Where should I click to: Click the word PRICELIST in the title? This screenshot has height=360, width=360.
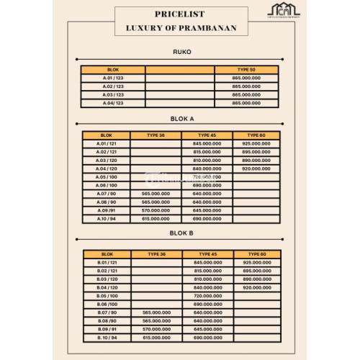click(180, 13)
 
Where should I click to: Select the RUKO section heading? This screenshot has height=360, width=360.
click(181, 53)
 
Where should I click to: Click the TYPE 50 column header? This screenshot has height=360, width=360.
click(247, 69)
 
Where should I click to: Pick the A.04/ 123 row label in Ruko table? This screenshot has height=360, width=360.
click(113, 103)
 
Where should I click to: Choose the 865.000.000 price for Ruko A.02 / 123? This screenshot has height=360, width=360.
click(247, 86)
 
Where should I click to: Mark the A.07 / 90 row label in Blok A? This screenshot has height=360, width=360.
click(107, 193)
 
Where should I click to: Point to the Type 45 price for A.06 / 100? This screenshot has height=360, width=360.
click(207, 185)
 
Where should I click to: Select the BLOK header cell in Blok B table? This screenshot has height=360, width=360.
click(107, 254)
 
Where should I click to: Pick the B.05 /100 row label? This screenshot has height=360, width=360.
click(107, 296)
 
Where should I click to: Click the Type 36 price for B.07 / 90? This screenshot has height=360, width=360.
click(156, 312)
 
